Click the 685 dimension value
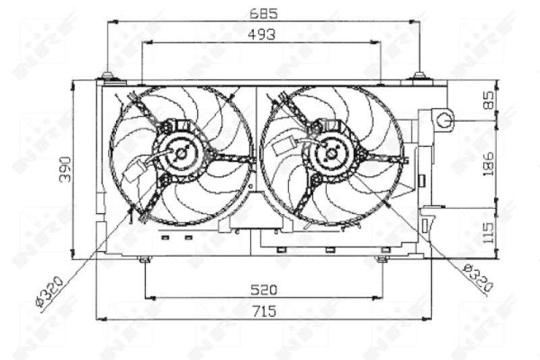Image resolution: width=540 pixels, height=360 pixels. (263, 14)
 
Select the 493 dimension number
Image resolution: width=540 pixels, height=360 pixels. (262, 34)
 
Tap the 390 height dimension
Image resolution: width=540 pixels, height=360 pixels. (65, 169)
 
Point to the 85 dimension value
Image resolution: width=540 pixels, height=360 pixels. (488, 100)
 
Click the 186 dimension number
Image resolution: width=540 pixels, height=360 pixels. (488, 164)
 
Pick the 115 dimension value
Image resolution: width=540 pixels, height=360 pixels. (488, 233)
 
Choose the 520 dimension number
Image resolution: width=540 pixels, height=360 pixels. (263, 290)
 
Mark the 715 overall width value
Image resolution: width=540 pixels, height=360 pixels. (265, 311)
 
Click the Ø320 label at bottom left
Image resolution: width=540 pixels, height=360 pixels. (49, 291)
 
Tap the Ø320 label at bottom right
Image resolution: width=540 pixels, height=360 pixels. (478, 278)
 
